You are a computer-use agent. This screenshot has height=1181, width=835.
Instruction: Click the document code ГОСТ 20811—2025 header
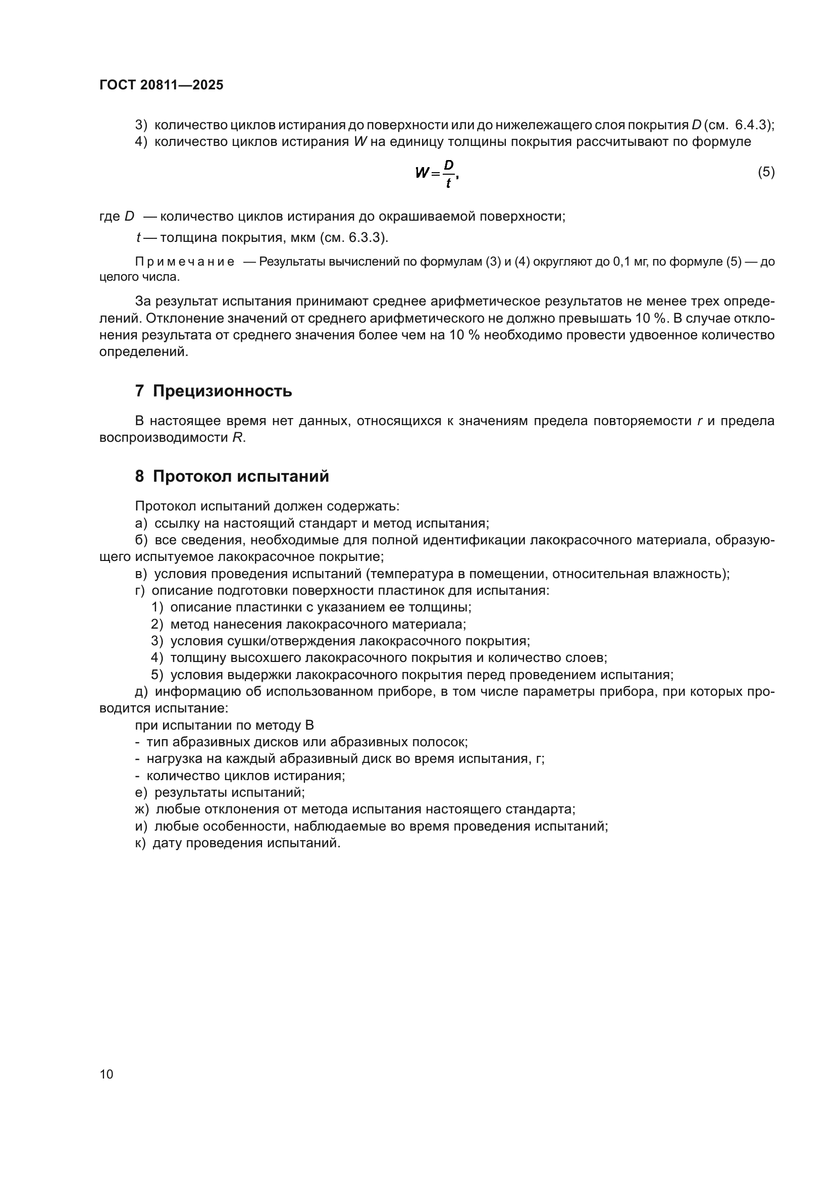point(162,85)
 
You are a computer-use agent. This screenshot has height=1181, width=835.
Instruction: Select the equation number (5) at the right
point(766,172)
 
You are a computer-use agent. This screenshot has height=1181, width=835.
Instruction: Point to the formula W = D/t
point(437,174)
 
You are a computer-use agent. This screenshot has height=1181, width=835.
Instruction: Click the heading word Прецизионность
point(222,391)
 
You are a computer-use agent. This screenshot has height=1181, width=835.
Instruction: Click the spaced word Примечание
point(185,262)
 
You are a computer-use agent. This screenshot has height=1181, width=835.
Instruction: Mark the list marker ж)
point(141,809)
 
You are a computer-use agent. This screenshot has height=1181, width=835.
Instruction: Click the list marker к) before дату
point(140,843)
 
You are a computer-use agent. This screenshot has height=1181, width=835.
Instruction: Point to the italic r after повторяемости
point(699,421)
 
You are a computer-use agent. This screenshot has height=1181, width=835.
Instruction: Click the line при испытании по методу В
point(224,725)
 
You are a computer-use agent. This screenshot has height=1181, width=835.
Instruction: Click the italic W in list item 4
point(359,142)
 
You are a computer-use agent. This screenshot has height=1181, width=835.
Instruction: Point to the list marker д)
point(141,692)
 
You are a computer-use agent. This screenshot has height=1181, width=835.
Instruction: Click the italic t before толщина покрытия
point(138,238)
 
